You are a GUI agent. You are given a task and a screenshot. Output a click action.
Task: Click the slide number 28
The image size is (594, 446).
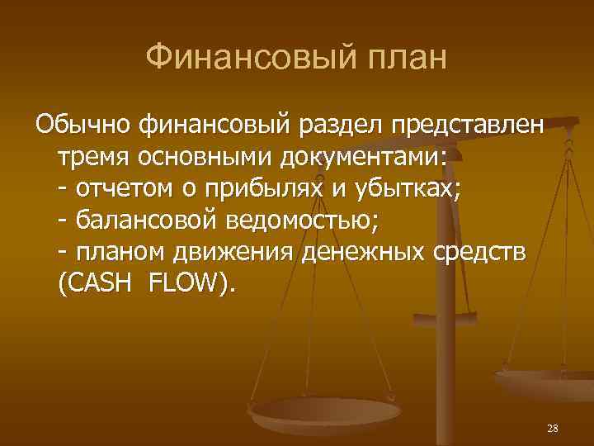(553, 428)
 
